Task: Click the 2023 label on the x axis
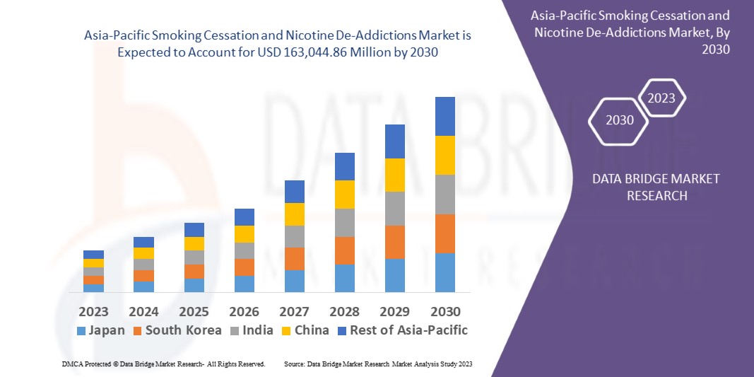(93, 312)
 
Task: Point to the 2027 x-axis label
(294, 312)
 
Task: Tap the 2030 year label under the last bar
(445, 312)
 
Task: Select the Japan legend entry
(100, 330)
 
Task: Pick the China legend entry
(304, 330)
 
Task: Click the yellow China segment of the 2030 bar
(445, 155)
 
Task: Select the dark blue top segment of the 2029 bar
(395, 141)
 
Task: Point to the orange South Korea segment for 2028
(345, 250)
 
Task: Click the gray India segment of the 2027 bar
(295, 236)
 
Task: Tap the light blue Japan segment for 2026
(245, 284)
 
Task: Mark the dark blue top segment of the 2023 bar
(93, 255)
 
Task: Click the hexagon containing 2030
(620, 120)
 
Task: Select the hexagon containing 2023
(661, 98)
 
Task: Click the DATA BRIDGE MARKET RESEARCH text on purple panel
(656, 187)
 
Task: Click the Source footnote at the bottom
(378, 364)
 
